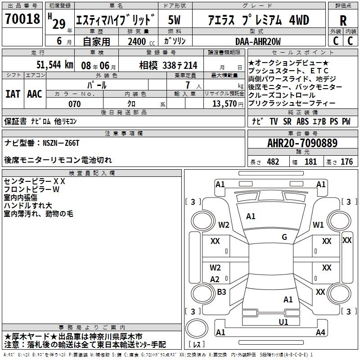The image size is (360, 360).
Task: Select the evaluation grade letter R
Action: click(x=343, y=21)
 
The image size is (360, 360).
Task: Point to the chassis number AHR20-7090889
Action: click(x=302, y=143)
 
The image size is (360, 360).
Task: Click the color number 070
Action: click(x=75, y=104)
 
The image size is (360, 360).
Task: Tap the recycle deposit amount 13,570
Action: click(x=224, y=104)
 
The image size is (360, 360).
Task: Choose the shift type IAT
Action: click(x=13, y=94)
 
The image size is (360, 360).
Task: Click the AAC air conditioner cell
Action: click(x=34, y=94)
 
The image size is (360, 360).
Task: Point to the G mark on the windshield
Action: click(x=284, y=237)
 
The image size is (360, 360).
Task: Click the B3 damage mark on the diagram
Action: click(x=221, y=292)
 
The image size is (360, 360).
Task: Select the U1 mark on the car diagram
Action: click(x=283, y=322)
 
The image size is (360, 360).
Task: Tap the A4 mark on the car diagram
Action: click(x=320, y=333)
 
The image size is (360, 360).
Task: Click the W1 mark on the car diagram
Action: click(x=319, y=225)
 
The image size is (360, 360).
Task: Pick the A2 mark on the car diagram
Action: click(x=215, y=279)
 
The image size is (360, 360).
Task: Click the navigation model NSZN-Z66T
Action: click(x=61, y=143)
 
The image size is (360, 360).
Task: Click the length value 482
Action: click(x=273, y=162)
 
